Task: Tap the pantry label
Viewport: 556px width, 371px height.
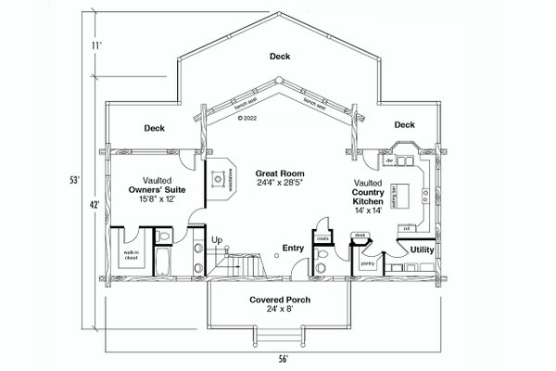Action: [367, 262]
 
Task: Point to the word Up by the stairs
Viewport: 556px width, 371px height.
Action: [219, 239]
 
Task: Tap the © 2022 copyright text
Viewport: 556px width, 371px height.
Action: [246, 119]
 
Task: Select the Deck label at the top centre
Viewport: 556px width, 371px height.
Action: [279, 57]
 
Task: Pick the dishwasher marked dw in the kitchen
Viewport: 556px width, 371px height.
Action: [390, 161]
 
